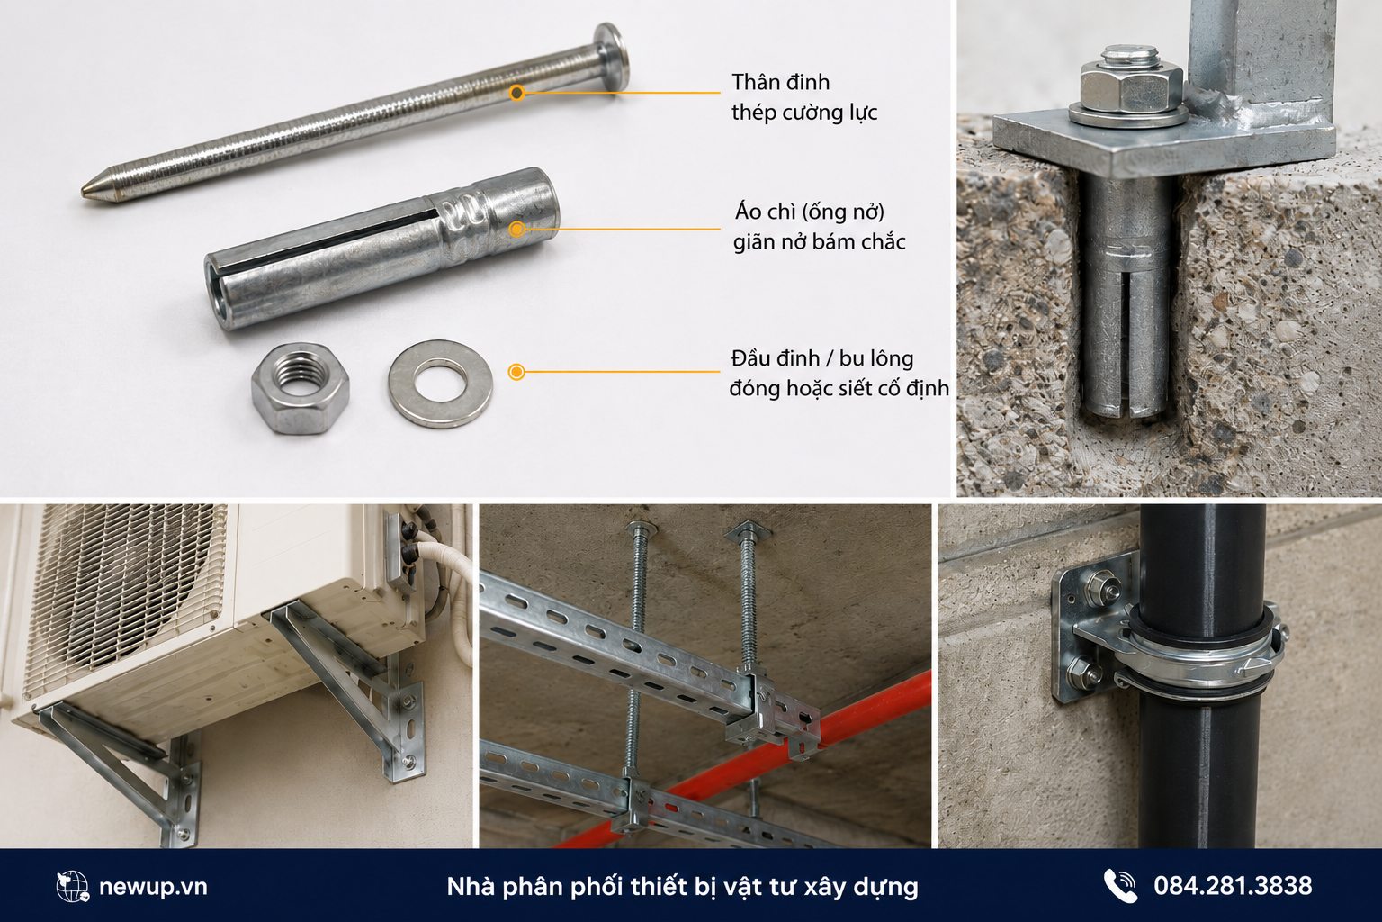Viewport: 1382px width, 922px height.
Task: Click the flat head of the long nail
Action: pyautogui.click(x=612, y=56)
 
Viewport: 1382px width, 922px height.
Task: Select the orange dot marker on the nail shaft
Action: pyautogui.click(x=517, y=94)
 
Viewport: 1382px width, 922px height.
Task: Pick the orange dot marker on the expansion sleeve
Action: pyautogui.click(x=517, y=229)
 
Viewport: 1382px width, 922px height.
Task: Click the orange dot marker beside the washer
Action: pyautogui.click(x=516, y=372)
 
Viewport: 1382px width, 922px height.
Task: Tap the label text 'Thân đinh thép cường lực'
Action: pyautogui.click(x=803, y=97)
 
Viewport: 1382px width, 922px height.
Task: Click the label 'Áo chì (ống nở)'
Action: pyautogui.click(x=809, y=212)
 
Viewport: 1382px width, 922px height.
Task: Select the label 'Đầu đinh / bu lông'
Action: pyautogui.click(x=821, y=358)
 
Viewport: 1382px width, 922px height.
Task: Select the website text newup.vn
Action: pyautogui.click(x=153, y=887)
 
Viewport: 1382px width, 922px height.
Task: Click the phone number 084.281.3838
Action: pyautogui.click(x=1233, y=886)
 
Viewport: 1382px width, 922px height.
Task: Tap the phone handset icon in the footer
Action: pyautogui.click(x=1119, y=886)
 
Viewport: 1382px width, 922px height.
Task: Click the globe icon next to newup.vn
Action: pyautogui.click(x=72, y=887)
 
